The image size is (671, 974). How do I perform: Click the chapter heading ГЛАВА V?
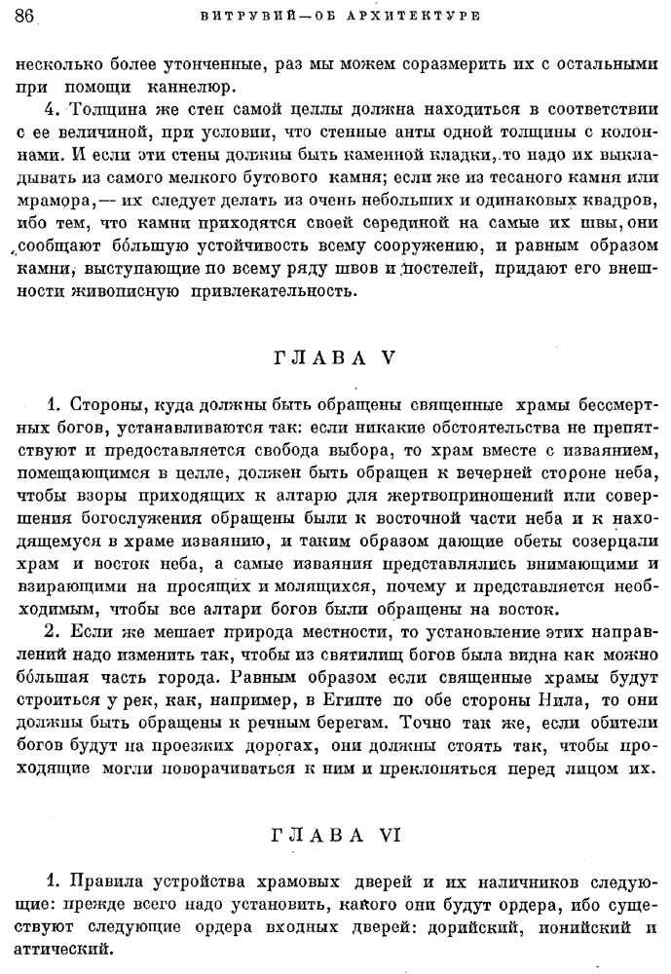[x=335, y=357]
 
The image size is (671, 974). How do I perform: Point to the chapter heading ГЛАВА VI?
[x=335, y=807]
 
